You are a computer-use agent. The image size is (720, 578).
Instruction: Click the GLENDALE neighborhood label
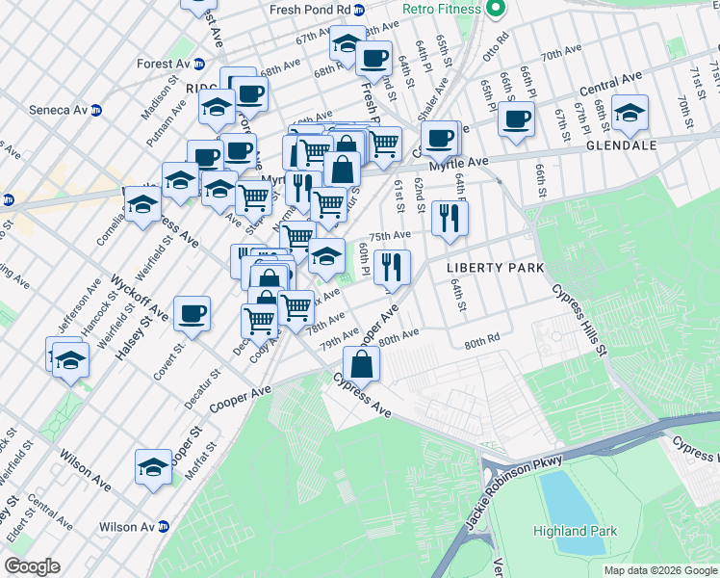[x=621, y=145]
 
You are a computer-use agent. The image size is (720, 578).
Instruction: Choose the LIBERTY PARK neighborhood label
[x=495, y=267]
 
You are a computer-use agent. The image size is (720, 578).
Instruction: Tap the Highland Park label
[x=574, y=531]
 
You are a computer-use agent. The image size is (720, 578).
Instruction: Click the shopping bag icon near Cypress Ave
[x=361, y=365]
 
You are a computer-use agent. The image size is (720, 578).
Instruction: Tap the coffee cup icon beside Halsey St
[x=193, y=313]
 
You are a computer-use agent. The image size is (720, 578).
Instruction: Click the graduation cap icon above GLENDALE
[x=630, y=113]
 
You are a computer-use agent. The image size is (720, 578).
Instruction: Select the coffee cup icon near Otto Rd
[x=516, y=118]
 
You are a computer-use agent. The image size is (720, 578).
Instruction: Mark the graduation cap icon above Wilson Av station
[x=153, y=466]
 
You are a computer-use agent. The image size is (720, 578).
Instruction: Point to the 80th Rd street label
[x=482, y=341]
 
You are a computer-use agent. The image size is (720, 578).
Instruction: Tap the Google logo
[x=33, y=565]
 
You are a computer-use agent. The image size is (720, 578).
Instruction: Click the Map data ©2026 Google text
[x=659, y=570]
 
